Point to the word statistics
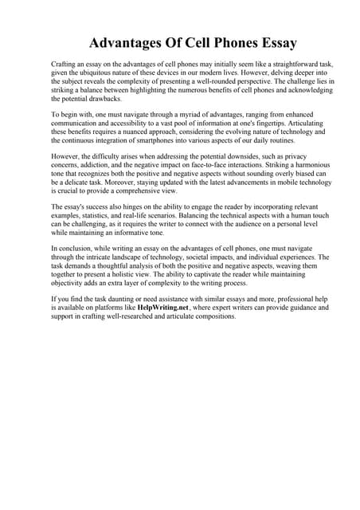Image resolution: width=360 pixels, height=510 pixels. click(x=95, y=225)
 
